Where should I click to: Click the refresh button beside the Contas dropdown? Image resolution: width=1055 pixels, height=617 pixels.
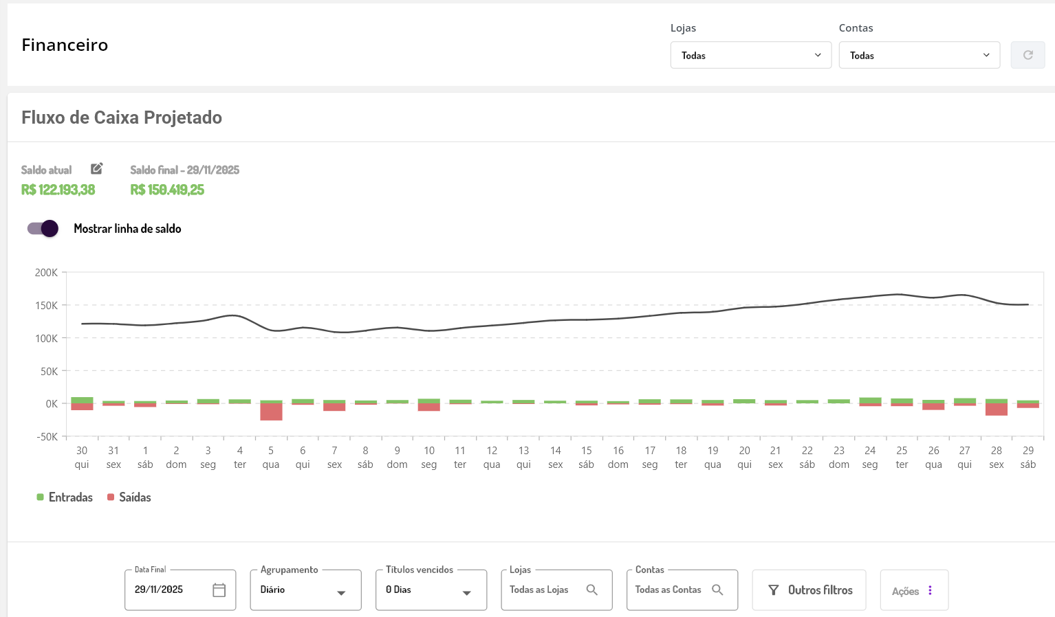[1027, 55]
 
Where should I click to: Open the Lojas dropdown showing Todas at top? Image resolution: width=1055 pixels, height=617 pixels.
[750, 55]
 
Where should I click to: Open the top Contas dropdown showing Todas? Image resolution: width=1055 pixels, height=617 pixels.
[919, 55]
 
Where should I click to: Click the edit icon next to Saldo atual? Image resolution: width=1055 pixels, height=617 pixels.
[97, 168]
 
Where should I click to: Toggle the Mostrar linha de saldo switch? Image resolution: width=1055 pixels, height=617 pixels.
[43, 229]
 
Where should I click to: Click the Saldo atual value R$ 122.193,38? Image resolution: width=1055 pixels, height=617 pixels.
[58, 190]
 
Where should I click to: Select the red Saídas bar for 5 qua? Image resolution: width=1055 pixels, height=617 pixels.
[271, 412]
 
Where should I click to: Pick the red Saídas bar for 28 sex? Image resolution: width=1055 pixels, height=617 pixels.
[997, 410]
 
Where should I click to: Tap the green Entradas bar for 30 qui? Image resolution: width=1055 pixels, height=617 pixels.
[82, 400]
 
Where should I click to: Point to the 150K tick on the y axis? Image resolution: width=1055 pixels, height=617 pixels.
[47, 306]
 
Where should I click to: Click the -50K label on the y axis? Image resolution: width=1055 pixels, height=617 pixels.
[47, 437]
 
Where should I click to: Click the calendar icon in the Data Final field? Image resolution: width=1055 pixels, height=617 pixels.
[219, 590]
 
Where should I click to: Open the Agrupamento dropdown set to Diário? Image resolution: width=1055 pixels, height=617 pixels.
[305, 590]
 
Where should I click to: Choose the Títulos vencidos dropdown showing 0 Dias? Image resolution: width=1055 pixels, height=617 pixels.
[431, 590]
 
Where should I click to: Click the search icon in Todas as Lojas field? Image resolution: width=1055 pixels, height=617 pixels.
[591, 590]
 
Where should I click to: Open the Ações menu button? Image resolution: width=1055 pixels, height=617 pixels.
[913, 591]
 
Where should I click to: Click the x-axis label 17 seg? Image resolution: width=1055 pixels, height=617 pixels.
[650, 458]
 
